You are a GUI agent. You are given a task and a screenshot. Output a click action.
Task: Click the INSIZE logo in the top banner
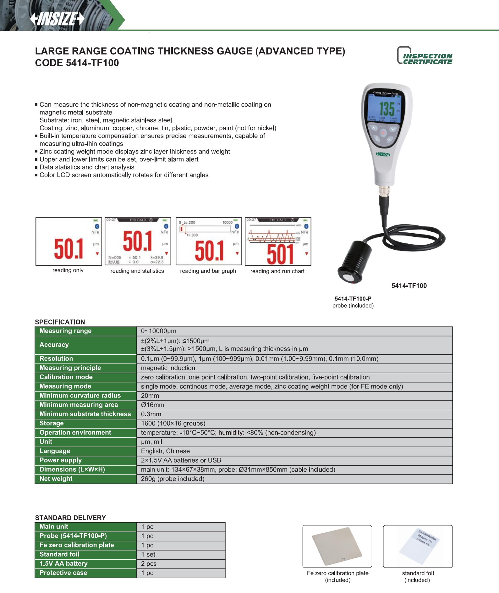point(57,19)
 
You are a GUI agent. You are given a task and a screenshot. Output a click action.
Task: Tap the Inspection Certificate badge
point(425,56)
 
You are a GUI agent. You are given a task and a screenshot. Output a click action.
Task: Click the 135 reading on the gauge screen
point(387,109)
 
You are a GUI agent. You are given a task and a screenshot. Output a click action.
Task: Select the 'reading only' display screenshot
point(69,241)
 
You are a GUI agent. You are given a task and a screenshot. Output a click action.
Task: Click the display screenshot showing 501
point(278,241)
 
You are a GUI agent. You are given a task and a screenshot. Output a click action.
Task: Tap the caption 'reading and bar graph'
point(208,271)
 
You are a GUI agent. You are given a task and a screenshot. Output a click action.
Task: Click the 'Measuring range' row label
point(65,331)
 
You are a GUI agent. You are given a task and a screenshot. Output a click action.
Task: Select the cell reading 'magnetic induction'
point(168,368)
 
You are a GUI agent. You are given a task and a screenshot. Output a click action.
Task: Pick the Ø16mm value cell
point(153,405)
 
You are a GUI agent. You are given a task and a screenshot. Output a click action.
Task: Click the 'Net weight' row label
point(56,479)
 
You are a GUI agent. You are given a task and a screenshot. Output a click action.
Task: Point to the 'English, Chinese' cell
point(165,451)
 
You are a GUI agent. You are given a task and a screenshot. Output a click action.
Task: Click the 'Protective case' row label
point(63,573)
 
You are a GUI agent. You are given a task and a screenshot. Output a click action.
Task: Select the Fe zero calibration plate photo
point(337,546)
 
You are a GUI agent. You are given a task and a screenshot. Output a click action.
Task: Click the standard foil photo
point(418,546)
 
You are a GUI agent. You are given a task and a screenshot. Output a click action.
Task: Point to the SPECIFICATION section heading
point(60,322)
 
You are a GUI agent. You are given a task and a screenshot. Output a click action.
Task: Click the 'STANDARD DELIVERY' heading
point(70,518)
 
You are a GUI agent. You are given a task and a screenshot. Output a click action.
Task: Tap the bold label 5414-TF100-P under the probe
point(353,298)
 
